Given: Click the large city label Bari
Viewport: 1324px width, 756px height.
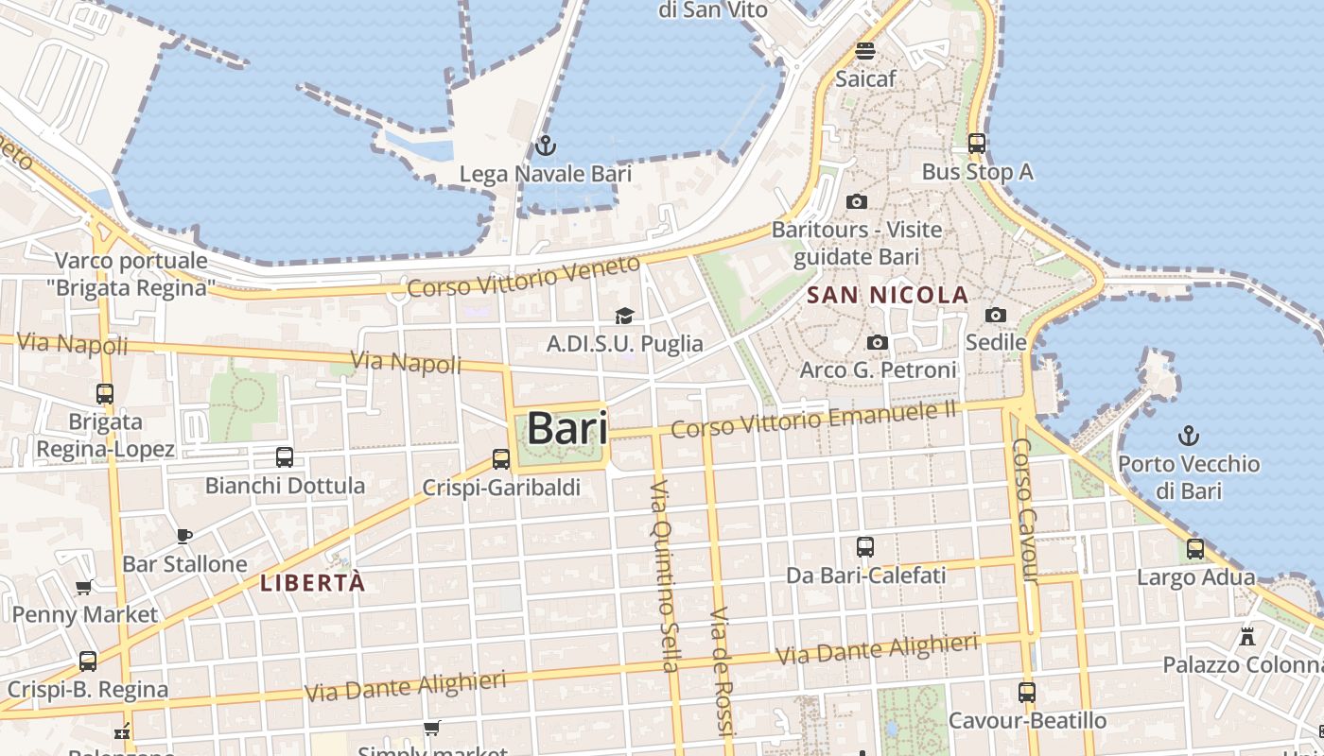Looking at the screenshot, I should click(x=566, y=427).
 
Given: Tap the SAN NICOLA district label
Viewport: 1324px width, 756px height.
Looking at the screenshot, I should click(x=887, y=295).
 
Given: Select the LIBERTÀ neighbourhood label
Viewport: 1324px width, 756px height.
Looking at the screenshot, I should click(x=312, y=583).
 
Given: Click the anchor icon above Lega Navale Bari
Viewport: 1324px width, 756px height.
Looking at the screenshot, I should click(x=544, y=146).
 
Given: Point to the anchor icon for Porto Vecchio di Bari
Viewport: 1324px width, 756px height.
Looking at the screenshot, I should click(x=1188, y=436).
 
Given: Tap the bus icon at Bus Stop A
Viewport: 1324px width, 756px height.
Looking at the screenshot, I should click(x=977, y=144).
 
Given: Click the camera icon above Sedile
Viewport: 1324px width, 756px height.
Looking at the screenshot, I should click(x=996, y=315).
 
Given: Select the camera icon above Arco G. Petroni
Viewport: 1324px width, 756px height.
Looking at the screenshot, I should click(x=878, y=342).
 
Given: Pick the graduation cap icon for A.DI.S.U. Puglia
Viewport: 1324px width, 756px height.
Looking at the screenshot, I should click(x=624, y=316).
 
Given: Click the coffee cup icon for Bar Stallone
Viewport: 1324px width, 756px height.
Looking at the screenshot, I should click(x=184, y=536).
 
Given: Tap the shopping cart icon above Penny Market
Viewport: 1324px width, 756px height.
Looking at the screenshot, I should click(x=84, y=587).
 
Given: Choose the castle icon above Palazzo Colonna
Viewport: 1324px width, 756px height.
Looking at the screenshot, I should click(x=1247, y=636).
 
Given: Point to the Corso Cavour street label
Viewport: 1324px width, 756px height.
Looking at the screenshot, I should click(x=1025, y=510).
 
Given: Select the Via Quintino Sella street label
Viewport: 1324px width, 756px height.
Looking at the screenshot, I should click(x=664, y=576).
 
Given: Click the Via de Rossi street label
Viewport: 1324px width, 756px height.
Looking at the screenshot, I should click(x=721, y=671).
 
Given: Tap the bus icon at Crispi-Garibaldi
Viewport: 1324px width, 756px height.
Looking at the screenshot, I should click(x=501, y=459).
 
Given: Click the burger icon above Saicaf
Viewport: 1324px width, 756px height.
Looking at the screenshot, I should click(x=865, y=50).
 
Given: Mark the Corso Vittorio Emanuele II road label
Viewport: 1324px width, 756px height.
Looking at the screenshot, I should click(x=813, y=419).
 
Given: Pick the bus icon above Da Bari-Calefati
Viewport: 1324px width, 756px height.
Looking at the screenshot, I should click(x=865, y=547).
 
